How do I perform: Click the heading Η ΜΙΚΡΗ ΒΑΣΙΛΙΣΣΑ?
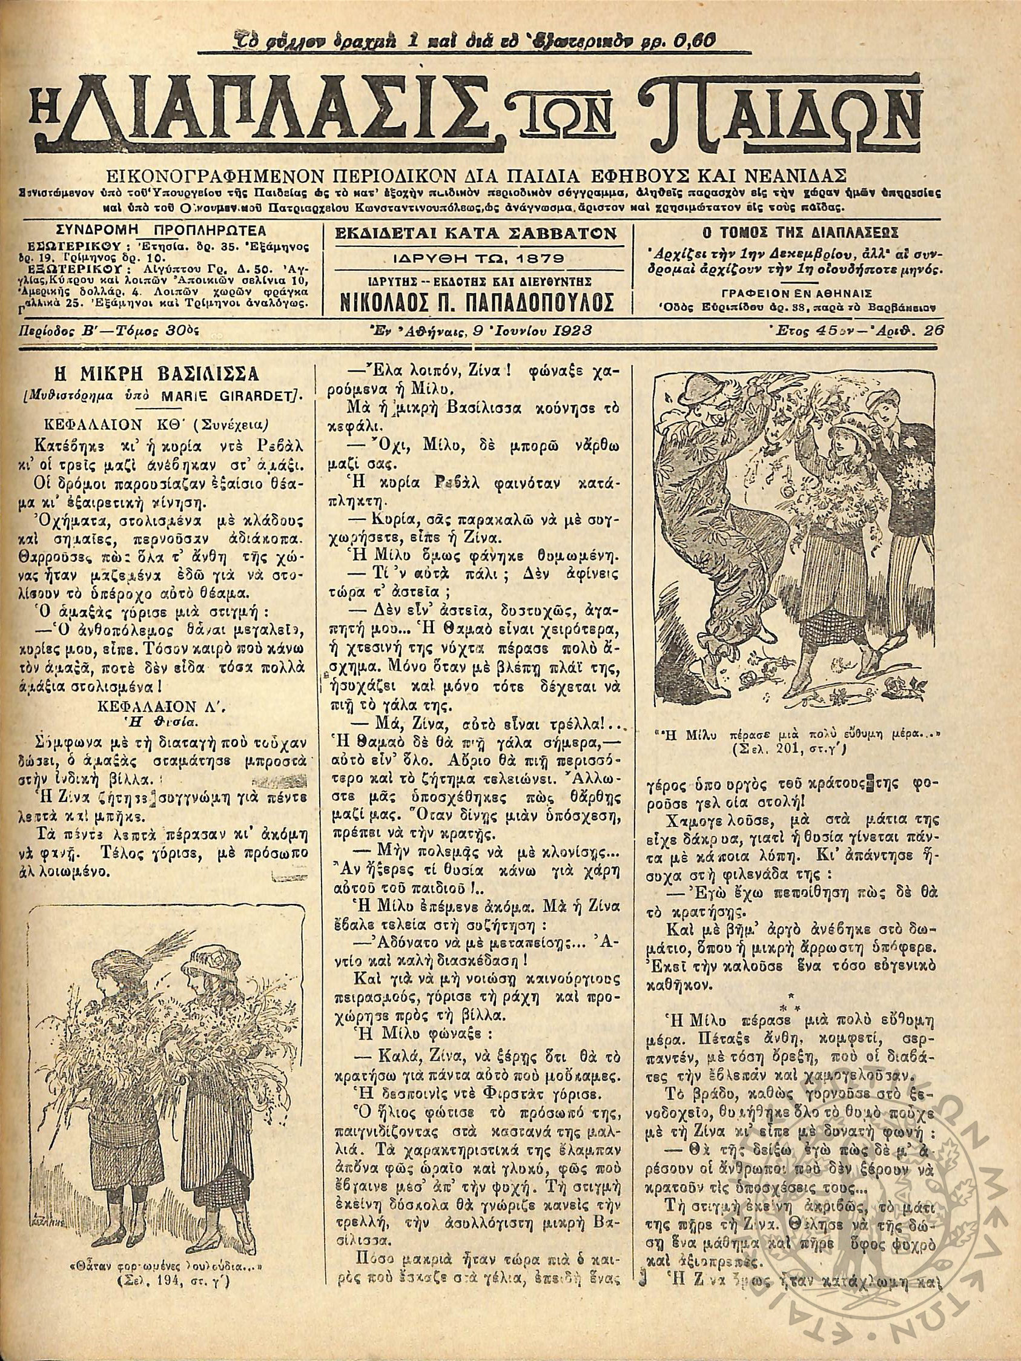pyautogui.click(x=165, y=375)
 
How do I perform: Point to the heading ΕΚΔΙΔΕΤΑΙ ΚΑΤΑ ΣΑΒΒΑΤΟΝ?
pyautogui.click(x=481, y=234)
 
